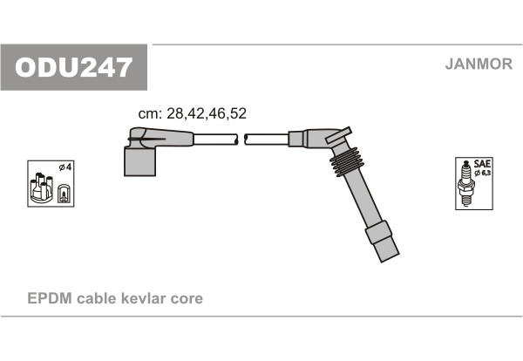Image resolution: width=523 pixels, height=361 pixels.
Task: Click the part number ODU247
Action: tap(73, 67)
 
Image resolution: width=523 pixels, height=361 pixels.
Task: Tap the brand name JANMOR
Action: tap(479, 64)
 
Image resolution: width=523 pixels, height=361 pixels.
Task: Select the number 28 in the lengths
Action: tap(175, 113)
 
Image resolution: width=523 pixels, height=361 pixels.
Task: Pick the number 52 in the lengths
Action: tap(238, 113)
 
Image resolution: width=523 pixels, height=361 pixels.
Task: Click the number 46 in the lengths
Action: tap(217, 113)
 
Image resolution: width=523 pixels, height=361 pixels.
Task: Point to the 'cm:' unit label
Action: tap(150, 114)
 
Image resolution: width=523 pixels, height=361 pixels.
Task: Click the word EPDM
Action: tap(50, 298)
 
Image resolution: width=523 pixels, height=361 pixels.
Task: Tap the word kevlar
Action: tap(143, 298)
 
